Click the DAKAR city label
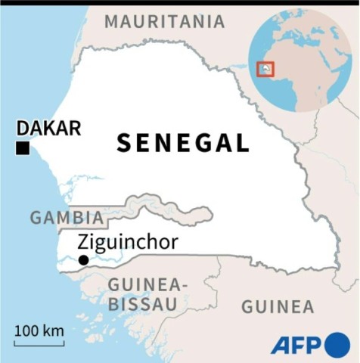pyautogui.click(x=48, y=128)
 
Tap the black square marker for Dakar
pyautogui.click(x=23, y=148)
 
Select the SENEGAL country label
pyautogui.click(x=182, y=143)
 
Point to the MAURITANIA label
pyautogui.click(x=165, y=21)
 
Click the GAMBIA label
pyautogui.click(x=67, y=218)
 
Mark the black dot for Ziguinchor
pyautogui.click(x=83, y=260)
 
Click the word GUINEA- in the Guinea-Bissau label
pyautogui.click(x=147, y=285)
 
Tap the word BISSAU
pyautogui.click(x=142, y=304)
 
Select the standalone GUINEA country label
pyautogui.click(x=277, y=306)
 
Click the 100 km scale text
pyautogui.click(x=39, y=330)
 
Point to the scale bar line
pyautogui.click(x=39, y=344)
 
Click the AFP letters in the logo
pyautogui.click(x=297, y=345)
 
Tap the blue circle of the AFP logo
pyautogui.click(x=337, y=345)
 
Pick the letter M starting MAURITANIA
pyautogui.click(x=111, y=21)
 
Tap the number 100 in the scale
pyautogui.click(x=26, y=330)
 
